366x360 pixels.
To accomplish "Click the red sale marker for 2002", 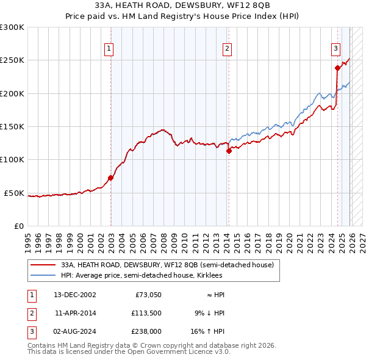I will coord(110,178).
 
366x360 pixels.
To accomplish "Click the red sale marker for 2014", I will coord(229,151).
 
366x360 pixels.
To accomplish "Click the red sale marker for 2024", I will coord(337,68).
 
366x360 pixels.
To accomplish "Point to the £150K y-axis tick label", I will coord(12,127).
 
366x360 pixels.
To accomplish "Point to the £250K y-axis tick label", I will coord(12,60).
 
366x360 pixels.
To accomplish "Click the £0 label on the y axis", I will coord(18,226).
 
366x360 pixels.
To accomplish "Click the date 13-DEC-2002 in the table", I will coord(75,295).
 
